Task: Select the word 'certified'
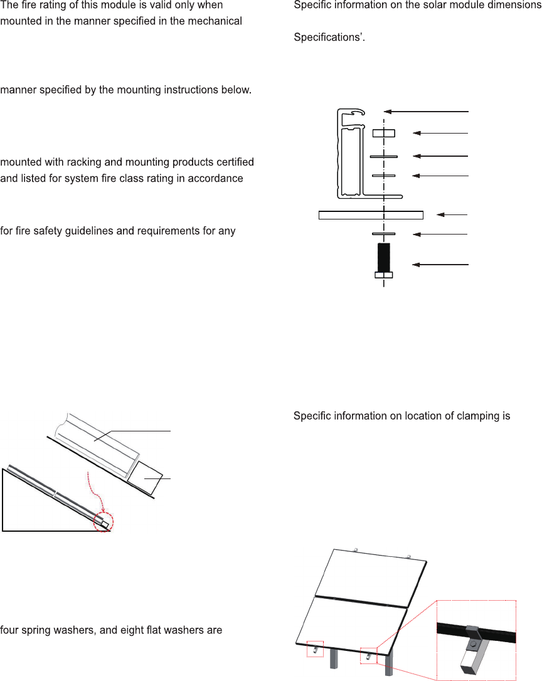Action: (233, 162)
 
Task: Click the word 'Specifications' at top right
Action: (328, 38)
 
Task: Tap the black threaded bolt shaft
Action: (384, 257)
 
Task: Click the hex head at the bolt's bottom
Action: (384, 275)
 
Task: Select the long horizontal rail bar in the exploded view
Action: (371, 215)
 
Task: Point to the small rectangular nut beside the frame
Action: (384, 133)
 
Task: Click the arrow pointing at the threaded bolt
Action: (440, 265)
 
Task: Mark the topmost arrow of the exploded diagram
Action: (426, 112)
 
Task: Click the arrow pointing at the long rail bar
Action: (452, 214)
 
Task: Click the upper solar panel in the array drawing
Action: (371, 578)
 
